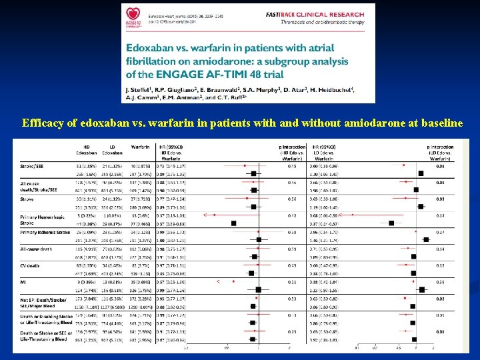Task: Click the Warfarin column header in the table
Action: tap(139, 147)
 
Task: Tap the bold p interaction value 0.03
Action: tap(440, 198)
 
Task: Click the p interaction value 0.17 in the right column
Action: tap(440, 233)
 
